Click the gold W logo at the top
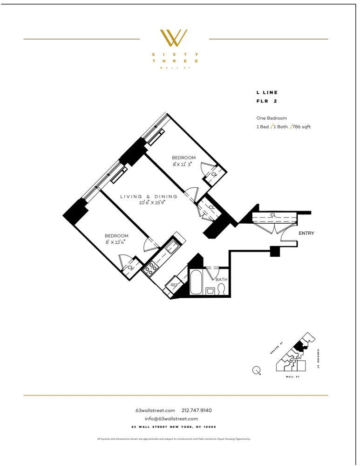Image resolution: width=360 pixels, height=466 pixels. (174, 38)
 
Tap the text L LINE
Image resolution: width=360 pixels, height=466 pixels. (267, 93)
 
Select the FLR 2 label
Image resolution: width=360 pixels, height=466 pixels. (266, 101)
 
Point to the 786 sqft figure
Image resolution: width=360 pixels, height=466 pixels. (302, 126)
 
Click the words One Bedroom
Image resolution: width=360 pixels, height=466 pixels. (272, 118)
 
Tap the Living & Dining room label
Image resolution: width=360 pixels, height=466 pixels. (149, 197)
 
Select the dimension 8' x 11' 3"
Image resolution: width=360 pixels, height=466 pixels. (183, 164)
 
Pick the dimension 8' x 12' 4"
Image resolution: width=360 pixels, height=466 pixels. (116, 242)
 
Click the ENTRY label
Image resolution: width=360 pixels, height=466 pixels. (306, 233)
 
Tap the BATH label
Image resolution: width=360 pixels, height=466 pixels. (221, 280)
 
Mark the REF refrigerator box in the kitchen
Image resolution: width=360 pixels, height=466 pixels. (174, 285)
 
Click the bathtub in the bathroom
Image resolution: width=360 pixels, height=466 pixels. (196, 282)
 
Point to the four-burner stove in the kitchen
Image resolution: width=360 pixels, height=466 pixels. (151, 267)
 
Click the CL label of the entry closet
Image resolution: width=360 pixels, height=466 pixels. (273, 215)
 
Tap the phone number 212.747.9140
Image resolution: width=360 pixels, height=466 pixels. (197, 410)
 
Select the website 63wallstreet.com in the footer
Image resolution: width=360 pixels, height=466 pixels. (155, 410)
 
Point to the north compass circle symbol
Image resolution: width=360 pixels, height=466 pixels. (256, 370)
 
